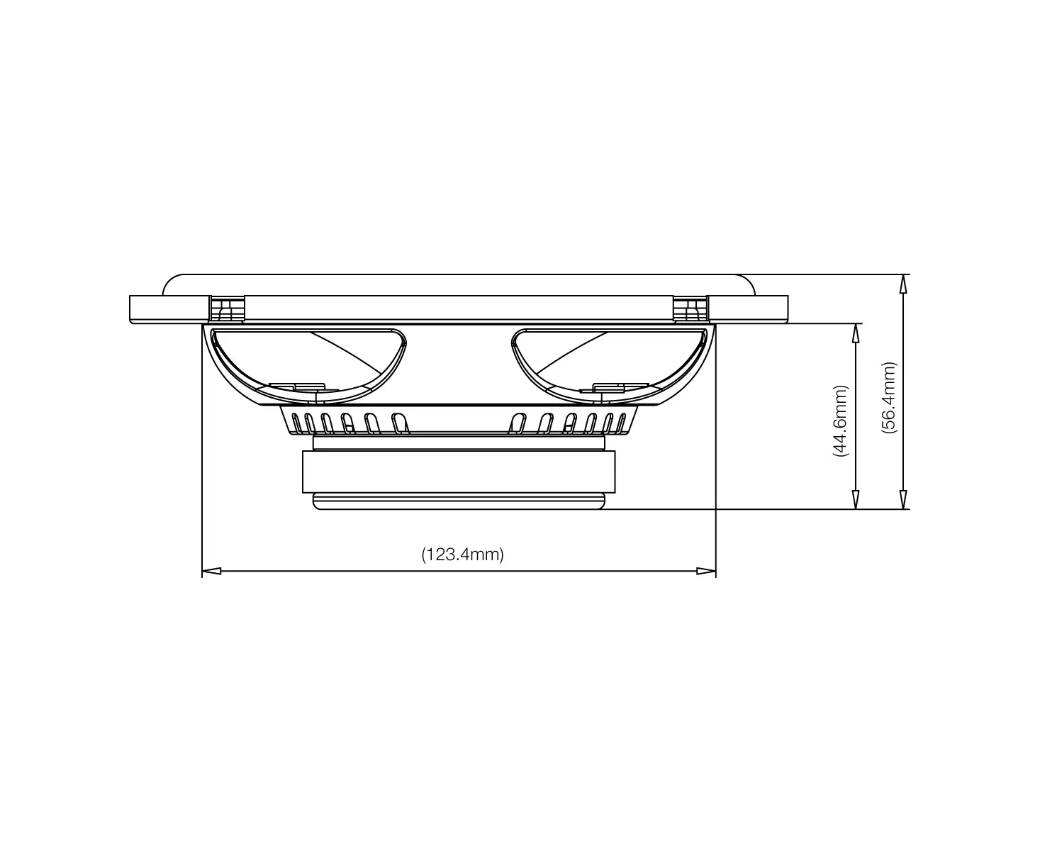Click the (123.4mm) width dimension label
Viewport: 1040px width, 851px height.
coord(462,555)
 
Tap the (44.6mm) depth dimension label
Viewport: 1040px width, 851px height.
coord(840,421)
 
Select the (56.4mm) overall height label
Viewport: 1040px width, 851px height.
coord(888,398)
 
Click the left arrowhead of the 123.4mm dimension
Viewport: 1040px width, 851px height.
coord(211,572)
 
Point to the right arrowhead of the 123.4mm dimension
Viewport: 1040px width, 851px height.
coord(705,572)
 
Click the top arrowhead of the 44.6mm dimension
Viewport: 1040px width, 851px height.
coord(856,333)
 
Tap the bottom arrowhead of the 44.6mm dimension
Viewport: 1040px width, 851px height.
coord(856,499)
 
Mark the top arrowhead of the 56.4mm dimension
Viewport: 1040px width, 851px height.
coord(903,284)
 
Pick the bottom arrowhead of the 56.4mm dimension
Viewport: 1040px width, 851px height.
coord(903,499)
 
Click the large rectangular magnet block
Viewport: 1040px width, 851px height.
coord(459,472)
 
